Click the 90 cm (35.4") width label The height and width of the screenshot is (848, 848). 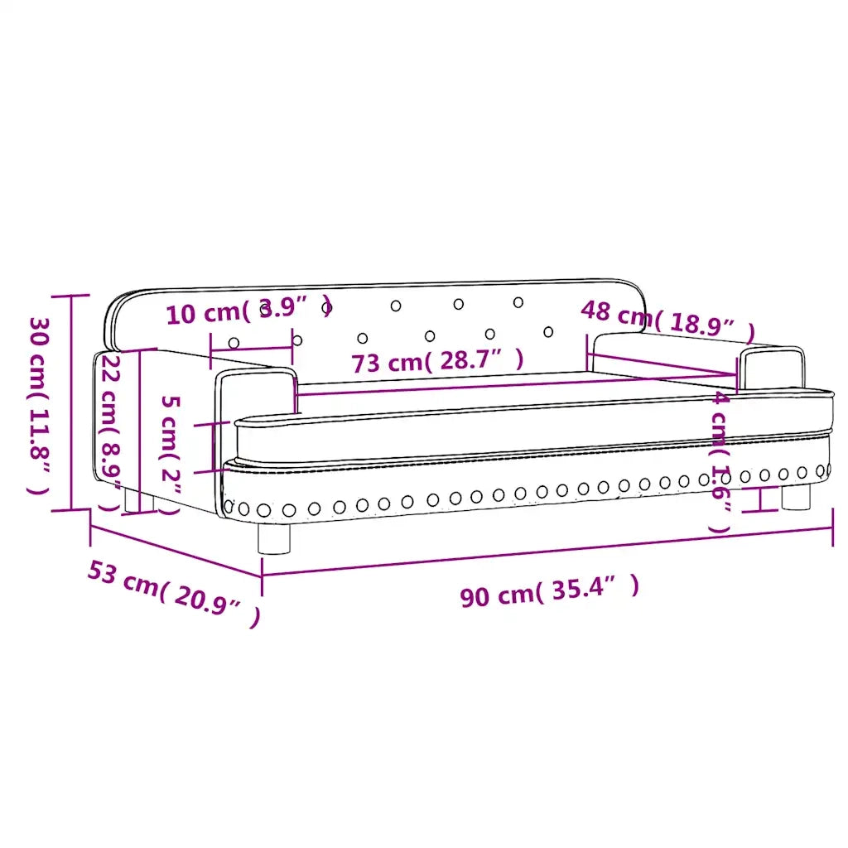[x=550, y=591]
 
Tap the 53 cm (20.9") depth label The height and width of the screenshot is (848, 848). [x=174, y=593]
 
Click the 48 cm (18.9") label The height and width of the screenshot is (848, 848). [x=667, y=322]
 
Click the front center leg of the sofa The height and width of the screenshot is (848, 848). [x=273, y=538]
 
